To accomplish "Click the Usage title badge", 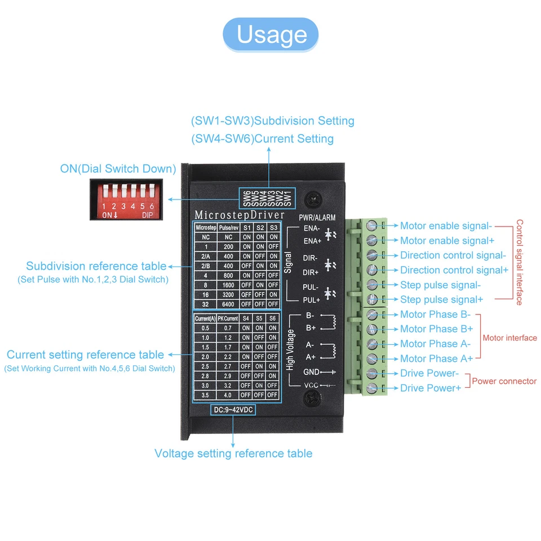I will tap(271, 34).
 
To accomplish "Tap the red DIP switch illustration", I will tap(126, 199).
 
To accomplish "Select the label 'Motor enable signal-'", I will tap(446, 226).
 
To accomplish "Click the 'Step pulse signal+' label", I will tap(441, 299).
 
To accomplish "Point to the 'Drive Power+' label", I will tap(431, 388).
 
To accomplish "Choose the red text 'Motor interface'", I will tap(509, 338).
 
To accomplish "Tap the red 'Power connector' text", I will tap(504, 381).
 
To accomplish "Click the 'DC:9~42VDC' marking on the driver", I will tap(233, 410).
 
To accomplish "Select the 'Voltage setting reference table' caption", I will tap(233, 453).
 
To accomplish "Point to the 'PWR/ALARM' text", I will tap(317, 218).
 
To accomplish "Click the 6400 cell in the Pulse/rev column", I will tap(228, 304).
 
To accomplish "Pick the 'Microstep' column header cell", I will tap(205, 228).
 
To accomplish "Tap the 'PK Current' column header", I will tap(228, 318).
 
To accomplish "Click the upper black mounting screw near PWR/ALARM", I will tap(313, 199).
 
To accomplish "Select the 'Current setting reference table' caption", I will tap(85, 354).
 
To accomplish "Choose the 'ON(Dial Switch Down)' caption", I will tap(118, 168).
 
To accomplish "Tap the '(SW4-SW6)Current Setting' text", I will tap(262, 139).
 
